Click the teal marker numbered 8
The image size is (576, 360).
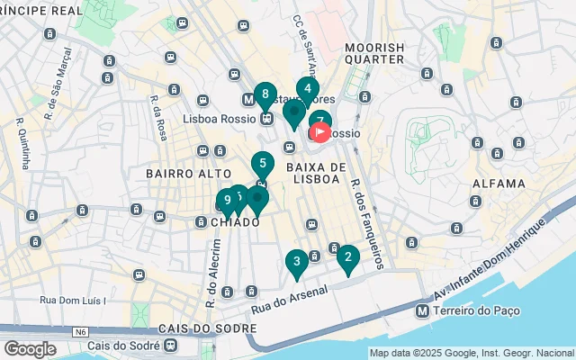[x=265, y=94]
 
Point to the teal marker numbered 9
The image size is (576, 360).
[x=228, y=201]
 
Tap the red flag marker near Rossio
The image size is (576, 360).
[x=319, y=133]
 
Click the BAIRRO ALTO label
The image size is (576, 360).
[x=177, y=172]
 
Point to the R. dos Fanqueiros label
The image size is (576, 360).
[x=368, y=223]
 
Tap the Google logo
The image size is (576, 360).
[x=30, y=348]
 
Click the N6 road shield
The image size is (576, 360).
[x=82, y=331]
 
